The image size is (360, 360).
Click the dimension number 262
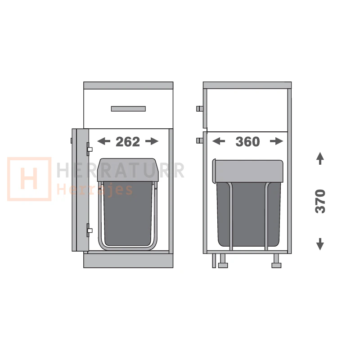click(128, 142)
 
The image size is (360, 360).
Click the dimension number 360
click(247, 142)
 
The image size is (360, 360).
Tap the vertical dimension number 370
click(320, 201)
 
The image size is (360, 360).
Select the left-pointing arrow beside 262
click(104, 141)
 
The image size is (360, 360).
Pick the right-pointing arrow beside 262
click(152, 141)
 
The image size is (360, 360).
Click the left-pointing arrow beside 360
click(219, 141)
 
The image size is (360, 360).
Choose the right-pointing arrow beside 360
click(277, 141)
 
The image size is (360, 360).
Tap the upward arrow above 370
click(320, 158)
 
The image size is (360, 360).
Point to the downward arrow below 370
click(320, 244)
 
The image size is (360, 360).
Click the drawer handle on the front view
click(128, 108)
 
